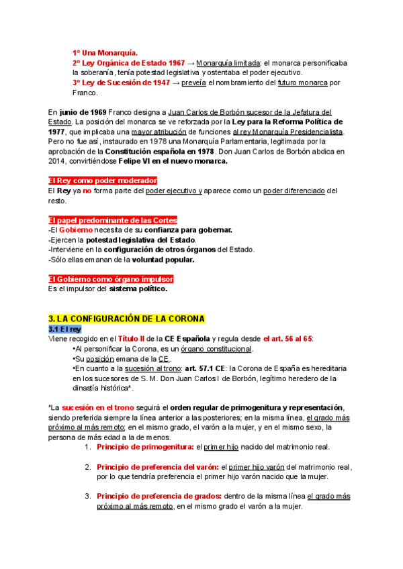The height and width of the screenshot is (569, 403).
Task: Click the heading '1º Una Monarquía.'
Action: point(105,52)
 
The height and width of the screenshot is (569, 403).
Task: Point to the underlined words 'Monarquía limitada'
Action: point(228,62)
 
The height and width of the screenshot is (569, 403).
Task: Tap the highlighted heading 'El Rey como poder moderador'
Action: point(103,181)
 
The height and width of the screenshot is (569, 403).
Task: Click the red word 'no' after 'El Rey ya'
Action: point(87,191)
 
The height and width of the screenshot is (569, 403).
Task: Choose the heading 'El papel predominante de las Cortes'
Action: point(113,220)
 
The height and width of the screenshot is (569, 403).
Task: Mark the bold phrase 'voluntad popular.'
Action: point(163,260)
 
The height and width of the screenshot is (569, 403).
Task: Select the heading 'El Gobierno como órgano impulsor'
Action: point(102,279)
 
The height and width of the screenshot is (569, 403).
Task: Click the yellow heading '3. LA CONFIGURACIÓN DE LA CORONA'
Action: point(127,318)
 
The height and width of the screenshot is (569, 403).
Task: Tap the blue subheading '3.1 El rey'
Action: point(64,329)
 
